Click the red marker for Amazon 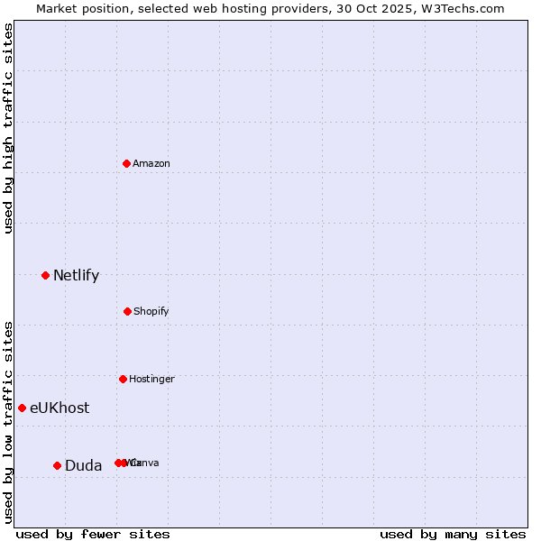point(127,163)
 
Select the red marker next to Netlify point(45,275)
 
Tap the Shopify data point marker point(127,311)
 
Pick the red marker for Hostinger point(123,379)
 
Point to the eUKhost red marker point(22,408)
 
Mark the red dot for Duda point(57,465)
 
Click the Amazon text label point(151,163)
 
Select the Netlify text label point(76,275)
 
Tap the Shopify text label point(151,311)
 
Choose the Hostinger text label point(151,379)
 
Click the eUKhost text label point(60,408)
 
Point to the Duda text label point(83,465)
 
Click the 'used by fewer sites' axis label point(93,534)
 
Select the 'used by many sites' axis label point(453,534)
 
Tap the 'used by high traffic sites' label point(8,128)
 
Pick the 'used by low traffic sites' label point(8,421)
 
